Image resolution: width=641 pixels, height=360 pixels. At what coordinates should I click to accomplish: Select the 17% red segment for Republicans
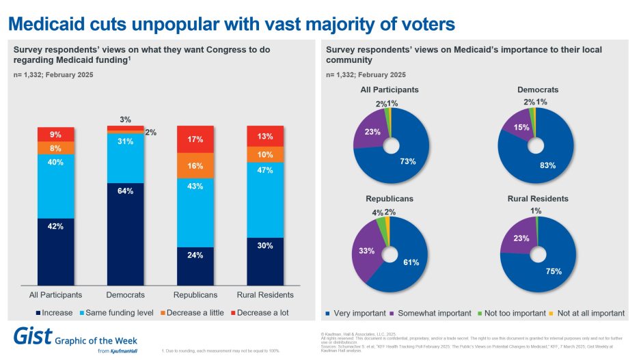(x=195, y=139)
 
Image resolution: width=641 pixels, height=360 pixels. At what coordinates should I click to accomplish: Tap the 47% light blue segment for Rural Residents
(x=264, y=193)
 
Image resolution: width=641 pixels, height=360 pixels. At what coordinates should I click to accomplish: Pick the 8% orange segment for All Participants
(x=56, y=148)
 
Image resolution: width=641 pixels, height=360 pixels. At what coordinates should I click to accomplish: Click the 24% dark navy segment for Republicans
(x=195, y=266)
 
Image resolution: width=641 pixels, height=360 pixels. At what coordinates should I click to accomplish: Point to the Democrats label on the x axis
(x=126, y=295)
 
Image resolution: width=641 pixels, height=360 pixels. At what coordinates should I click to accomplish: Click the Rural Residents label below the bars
(x=265, y=295)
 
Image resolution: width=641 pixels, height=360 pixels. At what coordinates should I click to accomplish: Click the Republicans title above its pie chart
(x=390, y=199)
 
